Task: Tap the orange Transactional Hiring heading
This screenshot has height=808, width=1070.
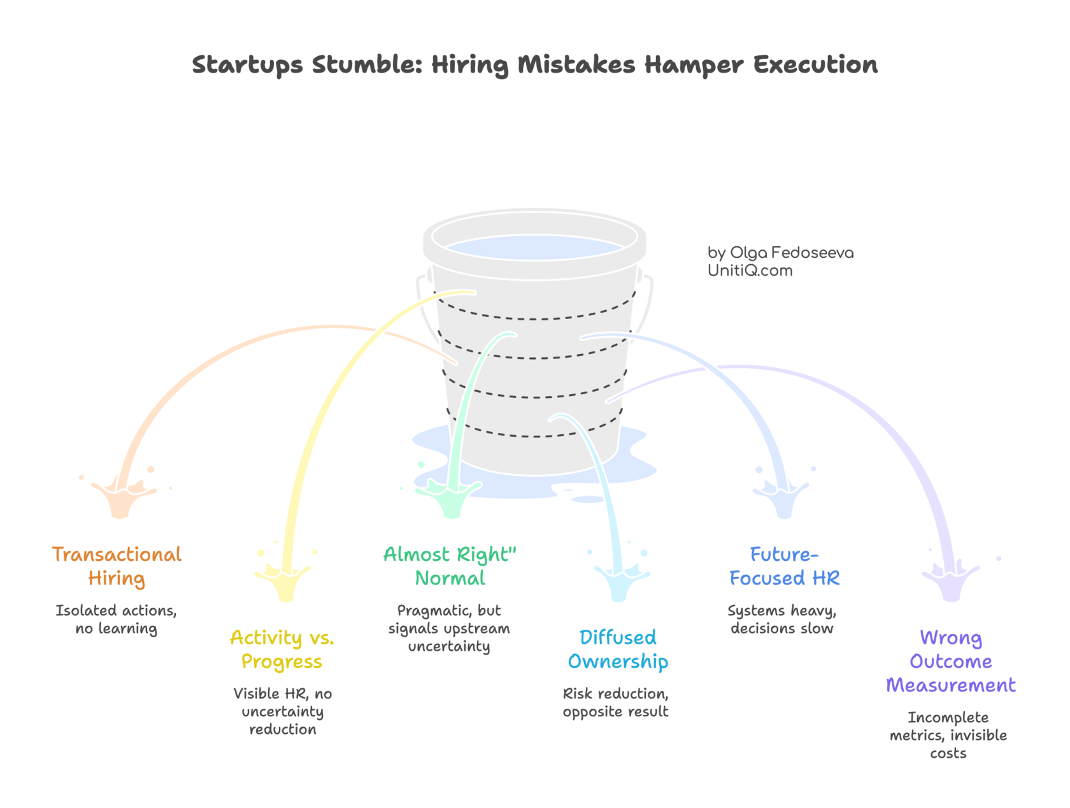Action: [117, 566]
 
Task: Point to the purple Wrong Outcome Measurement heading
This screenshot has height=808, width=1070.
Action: [950, 662]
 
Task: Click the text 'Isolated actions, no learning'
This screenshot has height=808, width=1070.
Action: [116, 620]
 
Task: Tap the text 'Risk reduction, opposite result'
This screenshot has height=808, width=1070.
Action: [615, 702]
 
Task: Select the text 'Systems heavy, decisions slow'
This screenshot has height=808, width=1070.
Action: [782, 620]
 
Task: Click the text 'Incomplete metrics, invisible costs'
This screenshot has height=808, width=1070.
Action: [948, 735]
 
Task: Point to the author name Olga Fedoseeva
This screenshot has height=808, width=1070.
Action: [791, 253]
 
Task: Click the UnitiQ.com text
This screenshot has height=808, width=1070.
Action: [750, 271]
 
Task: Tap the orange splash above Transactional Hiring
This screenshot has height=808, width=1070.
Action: [121, 500]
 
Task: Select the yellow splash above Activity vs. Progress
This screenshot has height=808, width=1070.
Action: [284, 581]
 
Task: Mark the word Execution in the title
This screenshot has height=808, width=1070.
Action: [815, 65]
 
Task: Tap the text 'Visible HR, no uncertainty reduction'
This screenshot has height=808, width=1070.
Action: [282, 711]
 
